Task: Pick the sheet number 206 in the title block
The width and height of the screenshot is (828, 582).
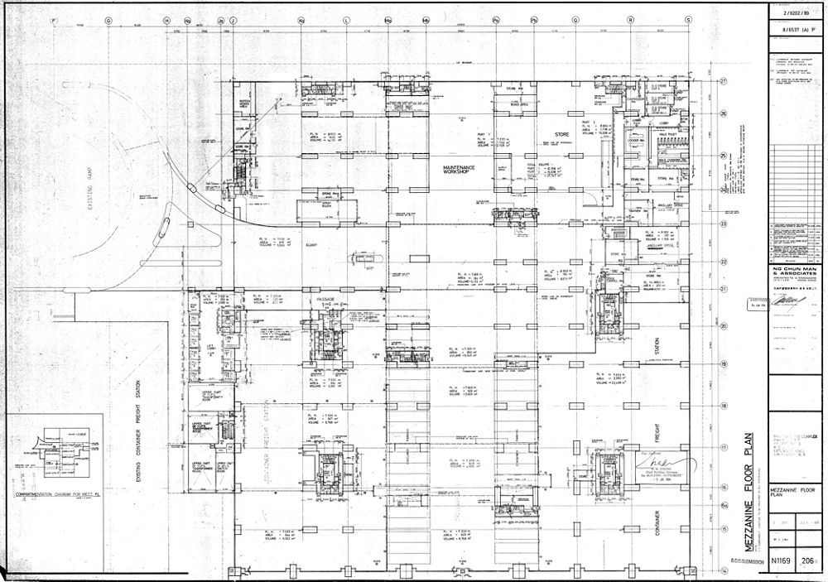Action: [x=809, y=560]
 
